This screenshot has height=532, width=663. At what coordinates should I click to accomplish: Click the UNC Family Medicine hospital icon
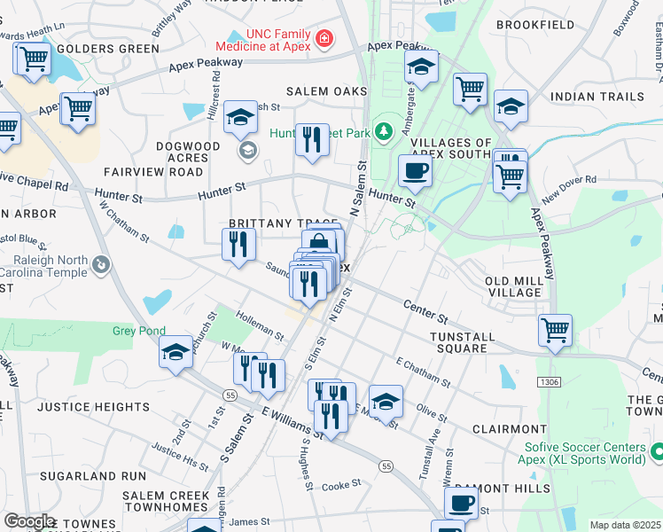[x=324, y=39]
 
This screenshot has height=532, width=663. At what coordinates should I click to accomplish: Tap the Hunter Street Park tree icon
[x=384, y=133]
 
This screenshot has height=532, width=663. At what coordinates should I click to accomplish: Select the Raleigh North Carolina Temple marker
[x=103, y=264]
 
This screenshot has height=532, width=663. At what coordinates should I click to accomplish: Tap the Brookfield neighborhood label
[x=535, y=25]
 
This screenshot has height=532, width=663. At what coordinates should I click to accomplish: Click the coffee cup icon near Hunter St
[x=414, y=170]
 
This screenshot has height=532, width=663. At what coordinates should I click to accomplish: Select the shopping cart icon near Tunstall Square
[x=555, y=330]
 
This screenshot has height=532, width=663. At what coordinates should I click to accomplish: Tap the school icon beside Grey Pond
[x=175, y=352]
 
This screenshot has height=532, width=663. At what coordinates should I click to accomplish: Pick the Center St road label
[x=425, y=311]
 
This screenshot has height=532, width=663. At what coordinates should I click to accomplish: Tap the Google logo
[x=29, y=521]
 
